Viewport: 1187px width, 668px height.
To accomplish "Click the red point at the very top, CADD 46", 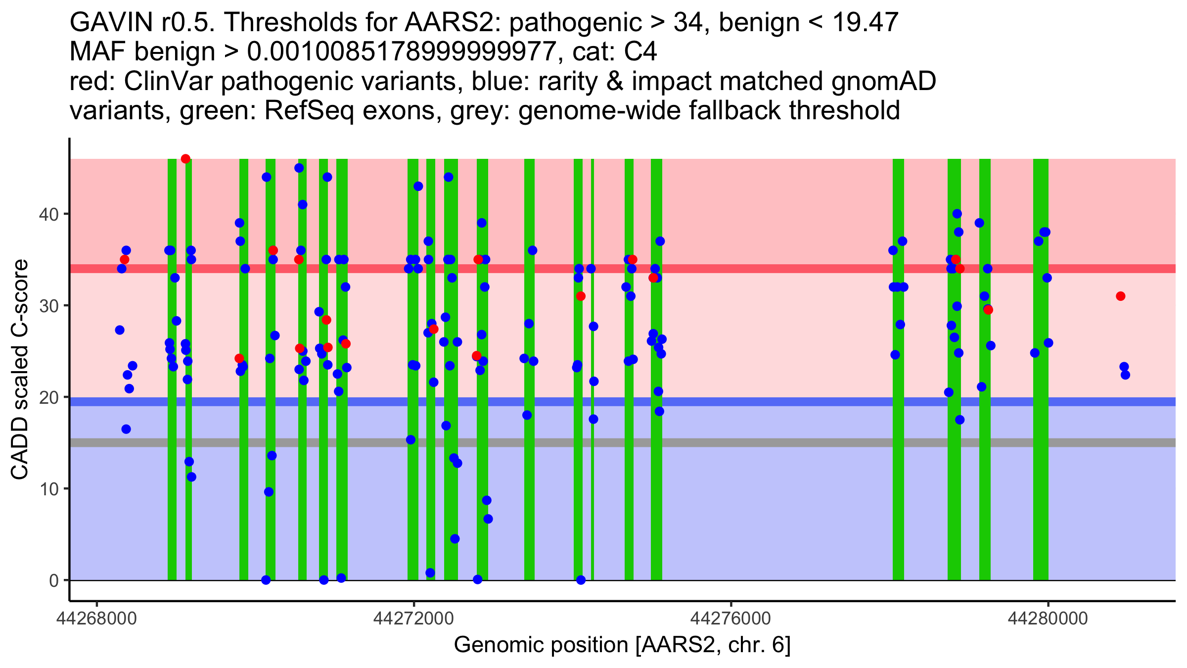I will [185, 159].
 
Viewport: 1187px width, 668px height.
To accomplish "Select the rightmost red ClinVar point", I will [1121, 296].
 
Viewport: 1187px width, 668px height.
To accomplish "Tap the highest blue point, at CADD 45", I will [299, 168].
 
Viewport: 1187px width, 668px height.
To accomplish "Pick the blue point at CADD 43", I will [418, 187].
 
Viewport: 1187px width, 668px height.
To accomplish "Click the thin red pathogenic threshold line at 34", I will [742, 269].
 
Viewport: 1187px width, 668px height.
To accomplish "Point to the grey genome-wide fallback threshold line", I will [742, 442].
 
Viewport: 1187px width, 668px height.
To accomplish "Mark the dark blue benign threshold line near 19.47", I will [742, 402].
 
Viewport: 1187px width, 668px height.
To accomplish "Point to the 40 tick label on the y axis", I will [48, 214].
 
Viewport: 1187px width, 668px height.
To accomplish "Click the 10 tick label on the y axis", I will [48, 489].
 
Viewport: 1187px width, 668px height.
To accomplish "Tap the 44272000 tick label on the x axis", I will [414, 619].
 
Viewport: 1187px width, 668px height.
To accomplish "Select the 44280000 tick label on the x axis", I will [1048, 619].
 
